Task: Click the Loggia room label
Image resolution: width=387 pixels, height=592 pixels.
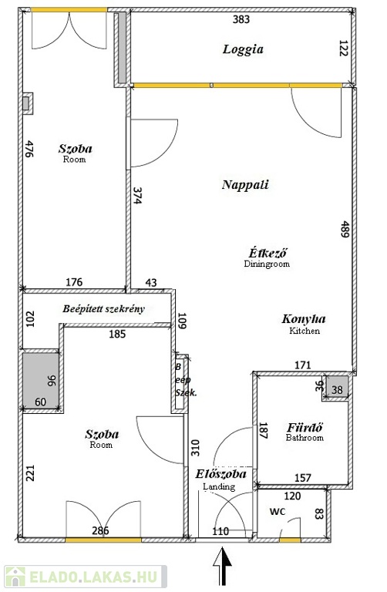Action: (x=243, y=49)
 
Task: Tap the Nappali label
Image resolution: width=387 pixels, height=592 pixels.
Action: (x=245, y=185)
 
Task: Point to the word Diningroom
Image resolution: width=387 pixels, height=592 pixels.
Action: (x=267, y=264)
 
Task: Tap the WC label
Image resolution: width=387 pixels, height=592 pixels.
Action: (x=277, y=512)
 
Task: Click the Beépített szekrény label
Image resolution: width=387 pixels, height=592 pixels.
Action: (x=103, y=309)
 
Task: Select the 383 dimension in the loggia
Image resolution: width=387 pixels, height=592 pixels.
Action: (x=241, y=18)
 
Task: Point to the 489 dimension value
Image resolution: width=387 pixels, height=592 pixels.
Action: (x=344, y=229)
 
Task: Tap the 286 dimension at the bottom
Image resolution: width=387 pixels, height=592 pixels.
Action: (x=100, y=530)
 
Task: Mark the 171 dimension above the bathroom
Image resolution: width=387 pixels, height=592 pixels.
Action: (x=302, y=365)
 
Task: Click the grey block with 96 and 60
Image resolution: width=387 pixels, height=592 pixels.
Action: (x=41, y=381)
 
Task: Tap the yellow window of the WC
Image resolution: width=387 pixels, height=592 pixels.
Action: (x=290, y=540)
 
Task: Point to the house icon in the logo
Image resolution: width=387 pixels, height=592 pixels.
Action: (x=15, y=577)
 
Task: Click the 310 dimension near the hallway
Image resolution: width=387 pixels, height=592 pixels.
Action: (x=195, y=448)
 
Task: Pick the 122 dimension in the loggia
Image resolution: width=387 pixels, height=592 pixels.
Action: (x=343, y=49)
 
